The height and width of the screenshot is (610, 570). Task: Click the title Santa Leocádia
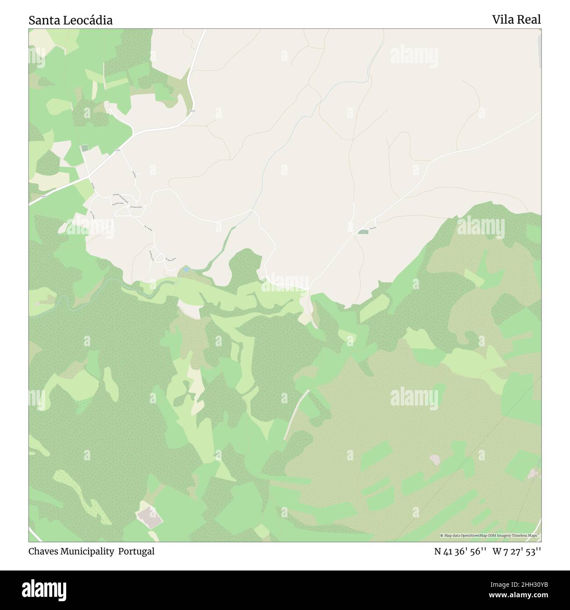(x=71, y=20)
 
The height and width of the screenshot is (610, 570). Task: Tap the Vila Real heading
(x=516, y=19)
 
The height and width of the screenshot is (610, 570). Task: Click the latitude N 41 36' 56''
(x=460, y=552)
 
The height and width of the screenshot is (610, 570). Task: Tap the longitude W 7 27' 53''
(x=517, y=552)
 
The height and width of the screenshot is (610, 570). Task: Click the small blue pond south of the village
(x=186, y=269)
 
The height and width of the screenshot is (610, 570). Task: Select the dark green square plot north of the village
(x=84, y=148)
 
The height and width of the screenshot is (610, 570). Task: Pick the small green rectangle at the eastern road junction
(x=363, y=231)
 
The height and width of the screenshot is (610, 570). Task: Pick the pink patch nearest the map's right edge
(x=534, y=473)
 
